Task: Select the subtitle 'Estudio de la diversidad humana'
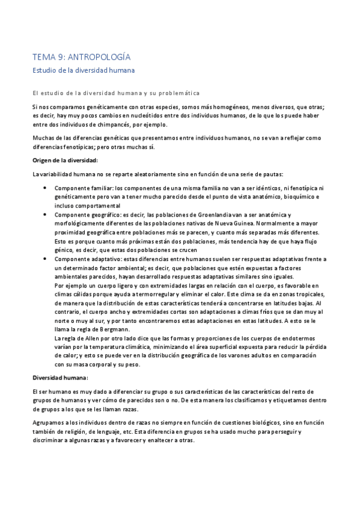84,70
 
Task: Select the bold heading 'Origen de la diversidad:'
64,159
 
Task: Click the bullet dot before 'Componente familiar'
47,188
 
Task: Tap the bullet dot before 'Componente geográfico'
47,215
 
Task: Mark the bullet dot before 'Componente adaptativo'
47,259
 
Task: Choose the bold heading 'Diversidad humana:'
59,377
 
